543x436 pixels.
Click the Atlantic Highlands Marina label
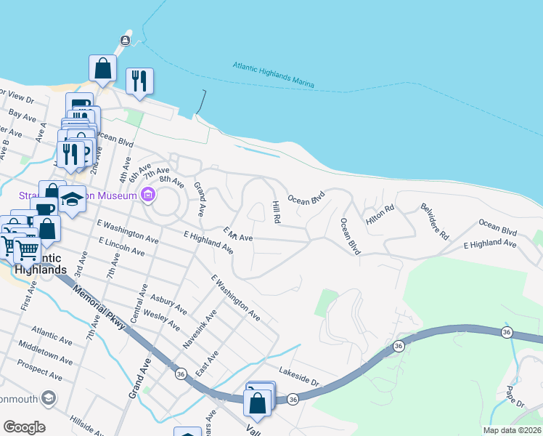pos(274,75)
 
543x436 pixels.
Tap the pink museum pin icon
pos(148,195)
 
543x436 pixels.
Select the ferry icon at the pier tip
pos(126,39)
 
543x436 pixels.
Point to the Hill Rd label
pos(276,212)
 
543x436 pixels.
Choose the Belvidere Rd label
pos(435,222)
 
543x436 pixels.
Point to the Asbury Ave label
pos(169,303)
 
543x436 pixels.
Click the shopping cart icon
pos(27,249)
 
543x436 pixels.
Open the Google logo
pos(24,427)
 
